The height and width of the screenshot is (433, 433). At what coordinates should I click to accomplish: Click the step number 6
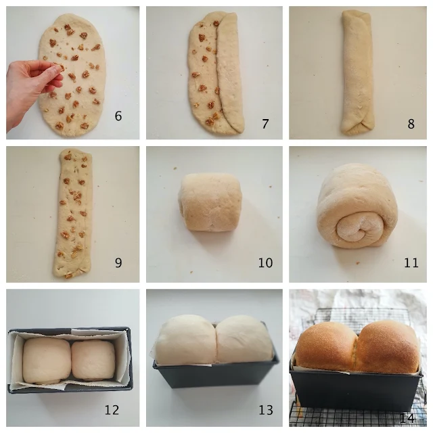[118, 116]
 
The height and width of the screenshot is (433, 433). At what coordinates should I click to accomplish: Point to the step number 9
[118, 263]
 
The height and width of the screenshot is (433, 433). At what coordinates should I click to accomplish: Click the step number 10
[265, 263]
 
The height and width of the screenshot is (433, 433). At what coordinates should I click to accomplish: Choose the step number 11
[411, 263]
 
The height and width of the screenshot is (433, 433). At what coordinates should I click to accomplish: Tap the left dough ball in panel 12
[47, 361]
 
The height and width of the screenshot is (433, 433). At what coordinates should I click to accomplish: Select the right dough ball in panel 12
[93, 360]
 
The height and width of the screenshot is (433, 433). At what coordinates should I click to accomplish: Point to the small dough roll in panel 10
[210, 202]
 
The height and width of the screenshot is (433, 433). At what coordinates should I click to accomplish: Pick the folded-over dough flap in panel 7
[229, 71]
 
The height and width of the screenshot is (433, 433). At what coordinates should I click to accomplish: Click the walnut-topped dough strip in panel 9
[72, 213]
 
